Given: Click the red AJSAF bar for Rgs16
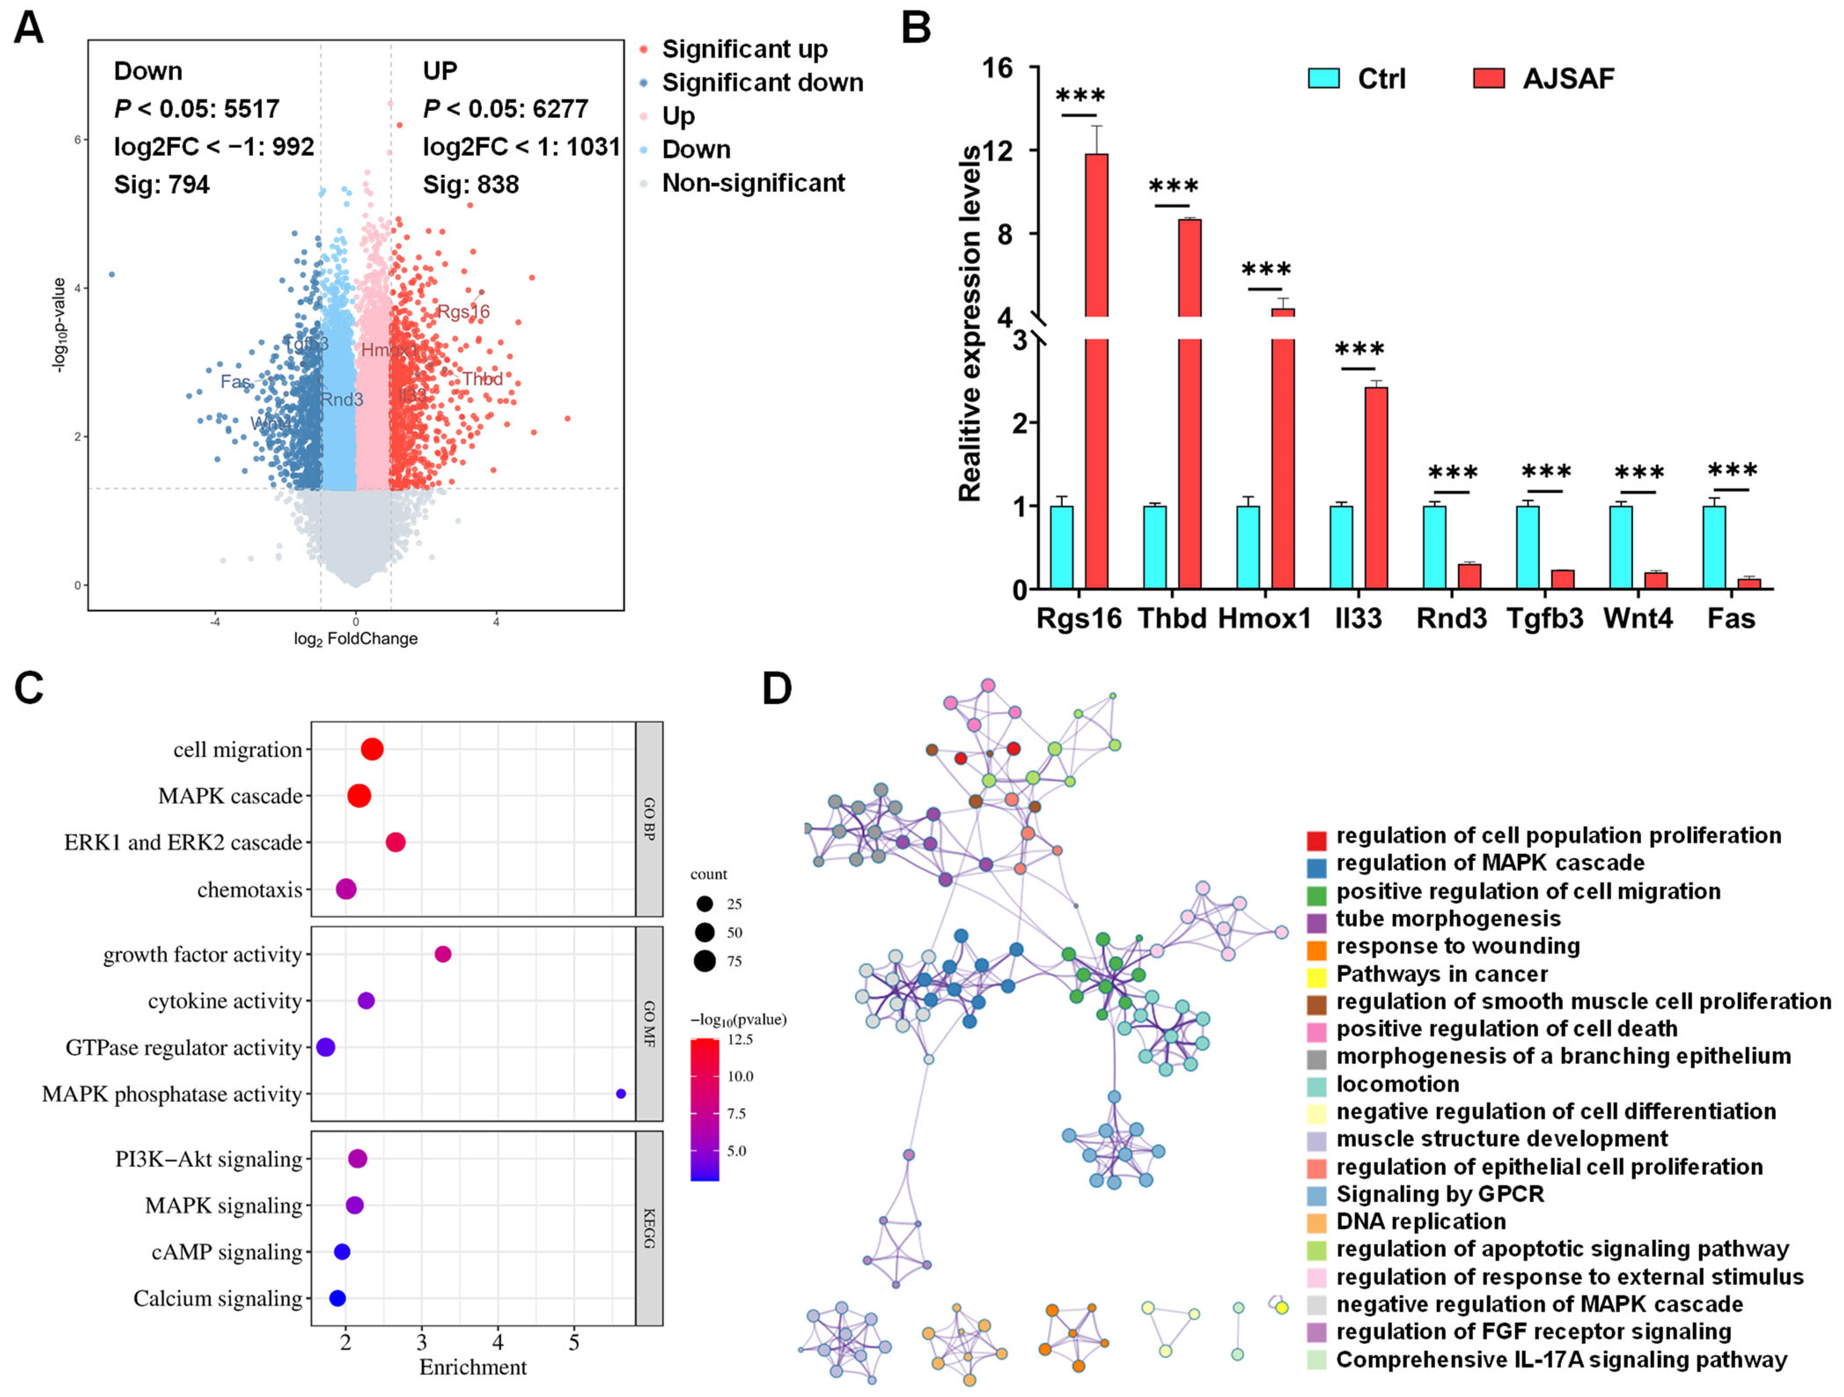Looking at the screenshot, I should click(x=1096, y=375).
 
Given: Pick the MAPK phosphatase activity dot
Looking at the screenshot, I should click(x=620, y=1094).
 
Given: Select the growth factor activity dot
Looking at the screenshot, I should click(x=443, y=954).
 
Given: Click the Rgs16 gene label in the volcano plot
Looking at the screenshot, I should click(x=463, y=312).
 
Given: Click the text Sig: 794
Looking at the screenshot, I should click(x=162, y=184).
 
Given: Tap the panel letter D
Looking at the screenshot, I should click(x=777, y=688).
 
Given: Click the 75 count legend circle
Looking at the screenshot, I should click(x=705, y=961).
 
